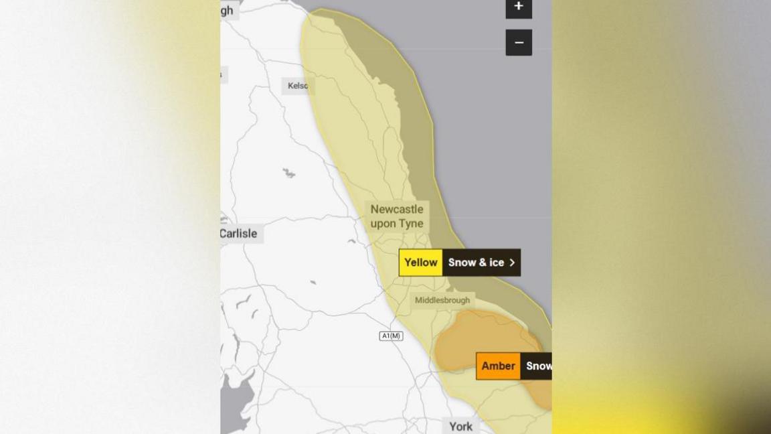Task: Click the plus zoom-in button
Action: (519, 7)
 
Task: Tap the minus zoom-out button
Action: (519, 43)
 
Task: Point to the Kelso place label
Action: (298, 86)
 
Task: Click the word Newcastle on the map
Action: (397, 209)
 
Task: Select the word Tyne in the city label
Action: (411, 224)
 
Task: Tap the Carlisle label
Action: (238, 234)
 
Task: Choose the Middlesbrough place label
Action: (442, 301)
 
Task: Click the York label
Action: (460, 426)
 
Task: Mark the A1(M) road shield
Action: (391, 336)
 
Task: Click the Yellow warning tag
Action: (421, 263)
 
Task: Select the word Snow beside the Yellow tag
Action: (462, 263)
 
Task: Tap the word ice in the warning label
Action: (496, 263)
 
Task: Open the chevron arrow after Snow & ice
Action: (512, 263)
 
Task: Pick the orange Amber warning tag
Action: (498, 366)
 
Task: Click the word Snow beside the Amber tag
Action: (538, 366)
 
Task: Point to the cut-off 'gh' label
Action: (227, 10)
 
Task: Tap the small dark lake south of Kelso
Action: (288, 173)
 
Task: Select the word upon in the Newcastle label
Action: (383, 224)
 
